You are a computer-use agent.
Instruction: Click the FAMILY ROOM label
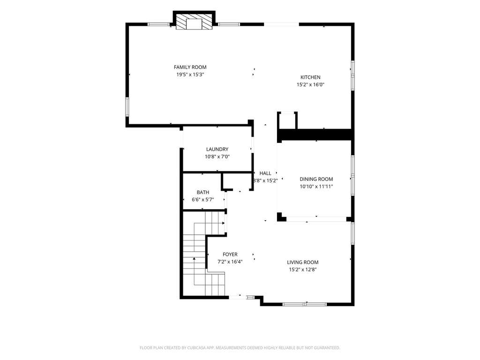(190, 67)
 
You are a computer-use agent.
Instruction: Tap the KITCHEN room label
(310, 77)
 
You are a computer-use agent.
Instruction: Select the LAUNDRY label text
(217, 149)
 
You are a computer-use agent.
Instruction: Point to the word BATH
(203, 192)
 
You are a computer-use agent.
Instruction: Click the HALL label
(265, 173)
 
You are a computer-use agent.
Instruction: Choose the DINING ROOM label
(316, 179)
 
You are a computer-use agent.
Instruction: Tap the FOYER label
(230, 255)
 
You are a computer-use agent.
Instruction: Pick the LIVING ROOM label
(303, 262)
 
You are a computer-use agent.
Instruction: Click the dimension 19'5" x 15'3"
(190, 75)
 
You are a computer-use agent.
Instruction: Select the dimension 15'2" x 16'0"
(310, 84)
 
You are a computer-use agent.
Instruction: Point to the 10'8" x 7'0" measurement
(217, 157)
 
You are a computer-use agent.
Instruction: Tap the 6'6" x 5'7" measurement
(203, 200)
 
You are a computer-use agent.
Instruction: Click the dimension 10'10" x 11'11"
(316, 187)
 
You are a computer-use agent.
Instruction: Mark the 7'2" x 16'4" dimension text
(230, 262)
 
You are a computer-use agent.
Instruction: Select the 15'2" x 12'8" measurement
(303, 270)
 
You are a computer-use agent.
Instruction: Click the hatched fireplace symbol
(194, 22)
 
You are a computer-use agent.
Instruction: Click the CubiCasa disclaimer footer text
(240, 348)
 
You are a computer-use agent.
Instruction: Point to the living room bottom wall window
(305, 304)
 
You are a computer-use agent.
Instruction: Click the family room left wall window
(127, 107)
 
